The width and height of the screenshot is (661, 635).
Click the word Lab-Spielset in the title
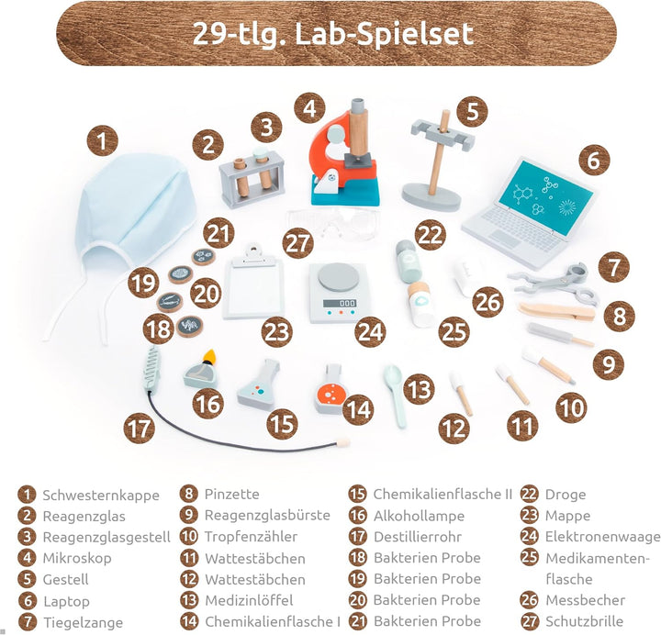[x=384, y=34]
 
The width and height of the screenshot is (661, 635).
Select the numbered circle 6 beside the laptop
[x=594, y=161]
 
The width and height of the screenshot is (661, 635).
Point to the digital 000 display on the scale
[x=340, y=303]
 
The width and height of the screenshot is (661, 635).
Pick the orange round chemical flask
[x=331, y=390]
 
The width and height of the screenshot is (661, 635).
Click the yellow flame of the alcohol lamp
[x=208, y=356]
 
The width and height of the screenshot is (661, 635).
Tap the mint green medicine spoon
[x=395, y=395]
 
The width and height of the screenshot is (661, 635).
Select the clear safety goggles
[x=333, y=223]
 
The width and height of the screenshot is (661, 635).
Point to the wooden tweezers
[x=556, y=311]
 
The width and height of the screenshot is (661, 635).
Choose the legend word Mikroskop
[x=77, y=558]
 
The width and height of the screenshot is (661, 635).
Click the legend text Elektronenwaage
[x=603, y=537]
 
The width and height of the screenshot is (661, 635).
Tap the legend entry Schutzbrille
[x=584, y=621]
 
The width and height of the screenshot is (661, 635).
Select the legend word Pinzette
[x=232, y=495]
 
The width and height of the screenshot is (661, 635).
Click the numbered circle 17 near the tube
[x=140, y=429]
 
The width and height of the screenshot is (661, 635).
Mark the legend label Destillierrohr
[x=418, y=537]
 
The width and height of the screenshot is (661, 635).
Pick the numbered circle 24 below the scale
[x=370, y=331]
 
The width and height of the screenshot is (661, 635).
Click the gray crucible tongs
[x=555, y=283]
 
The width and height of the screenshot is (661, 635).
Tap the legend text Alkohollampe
[x=419, y=516]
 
